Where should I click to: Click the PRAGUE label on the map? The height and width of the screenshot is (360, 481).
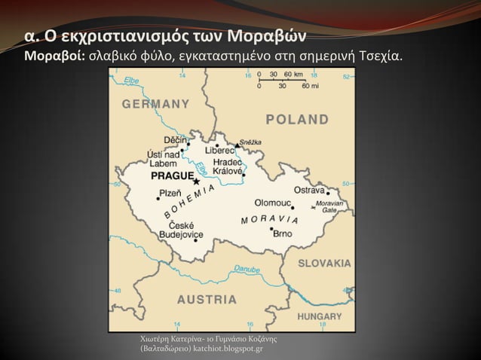point(172,175)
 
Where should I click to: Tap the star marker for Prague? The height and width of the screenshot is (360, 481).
point(196,182)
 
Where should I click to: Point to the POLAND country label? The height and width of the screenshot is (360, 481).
point(298,120)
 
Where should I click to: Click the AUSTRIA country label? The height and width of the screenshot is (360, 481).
point(207,298)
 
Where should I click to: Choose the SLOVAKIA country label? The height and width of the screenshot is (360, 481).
point(324,264)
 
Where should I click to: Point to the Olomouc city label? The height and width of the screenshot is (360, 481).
point(272,203)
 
